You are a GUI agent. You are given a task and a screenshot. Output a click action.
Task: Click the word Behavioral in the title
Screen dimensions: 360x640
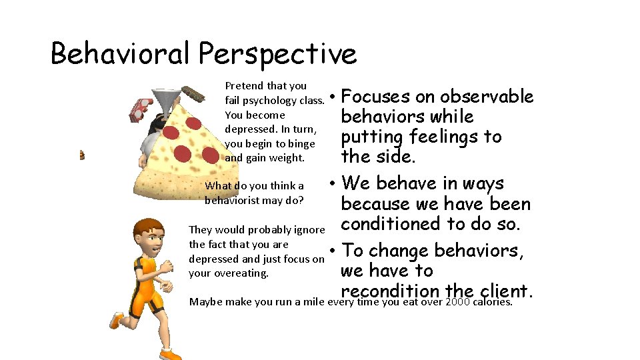(120, 53)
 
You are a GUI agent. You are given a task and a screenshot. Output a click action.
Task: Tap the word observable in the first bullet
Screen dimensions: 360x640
(487, 97)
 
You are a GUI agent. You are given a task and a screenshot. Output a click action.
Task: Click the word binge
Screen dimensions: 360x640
(302, 144)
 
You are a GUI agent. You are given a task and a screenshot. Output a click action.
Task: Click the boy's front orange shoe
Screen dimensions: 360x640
(117, 321)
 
